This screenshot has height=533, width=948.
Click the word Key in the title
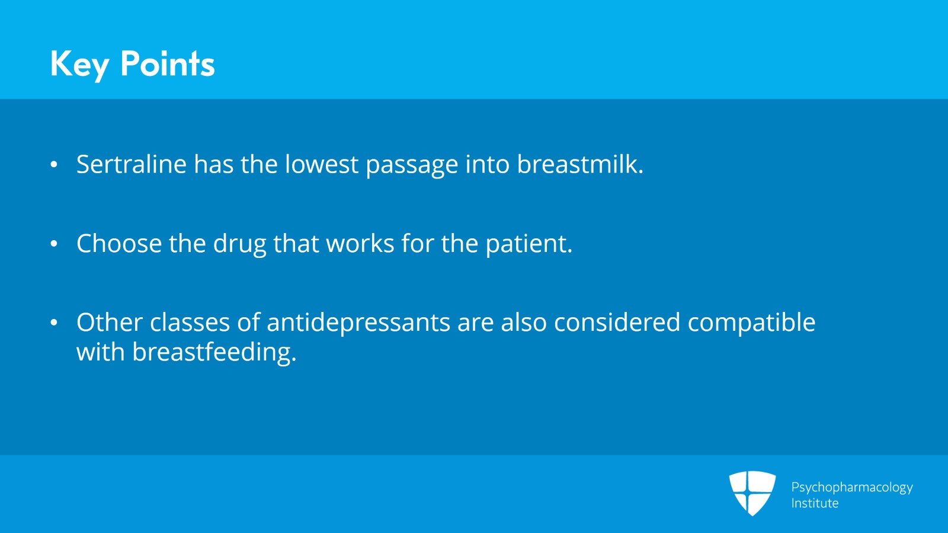coord(79,65)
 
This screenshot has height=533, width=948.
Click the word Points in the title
coord(168,63)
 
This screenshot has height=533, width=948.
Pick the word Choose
coord(119,243)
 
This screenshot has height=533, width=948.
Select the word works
coord(360,243)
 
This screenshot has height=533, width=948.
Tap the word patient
coord(529,244)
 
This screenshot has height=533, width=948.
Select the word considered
coord(617,322)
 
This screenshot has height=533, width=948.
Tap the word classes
coord(190,322)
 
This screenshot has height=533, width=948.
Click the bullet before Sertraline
coord(54,164)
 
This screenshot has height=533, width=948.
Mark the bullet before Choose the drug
coord(54,244)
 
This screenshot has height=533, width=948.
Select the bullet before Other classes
coord(54,323)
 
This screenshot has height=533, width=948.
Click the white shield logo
coord(752,493)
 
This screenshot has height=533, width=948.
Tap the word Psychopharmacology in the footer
coord(852,488)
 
